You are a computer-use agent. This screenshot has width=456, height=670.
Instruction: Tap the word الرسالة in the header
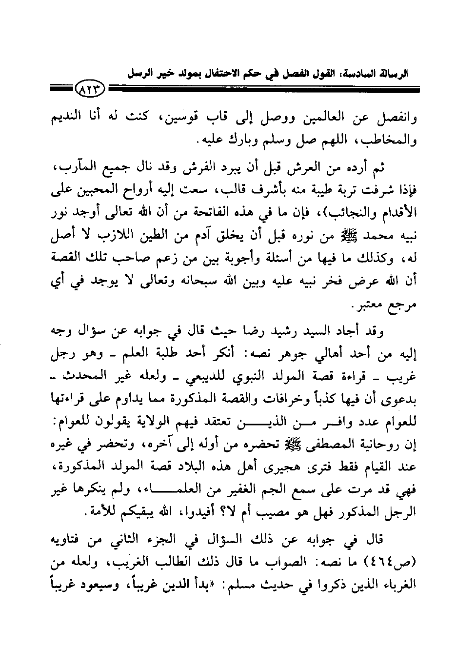(x=393, y=75)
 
